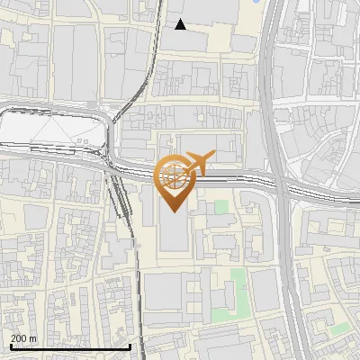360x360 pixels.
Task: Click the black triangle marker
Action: point(181,25)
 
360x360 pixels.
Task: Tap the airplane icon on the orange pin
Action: point(200,162)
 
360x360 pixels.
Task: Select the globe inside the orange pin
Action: point(174,175)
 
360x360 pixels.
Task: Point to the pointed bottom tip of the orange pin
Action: point(174,212)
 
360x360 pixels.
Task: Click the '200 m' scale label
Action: point(23,338)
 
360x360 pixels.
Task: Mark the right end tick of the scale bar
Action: point(130,346)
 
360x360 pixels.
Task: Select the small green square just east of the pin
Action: point(221,207)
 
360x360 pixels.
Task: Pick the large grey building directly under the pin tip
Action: point(175,234)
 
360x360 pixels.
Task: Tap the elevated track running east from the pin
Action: point(243,178)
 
